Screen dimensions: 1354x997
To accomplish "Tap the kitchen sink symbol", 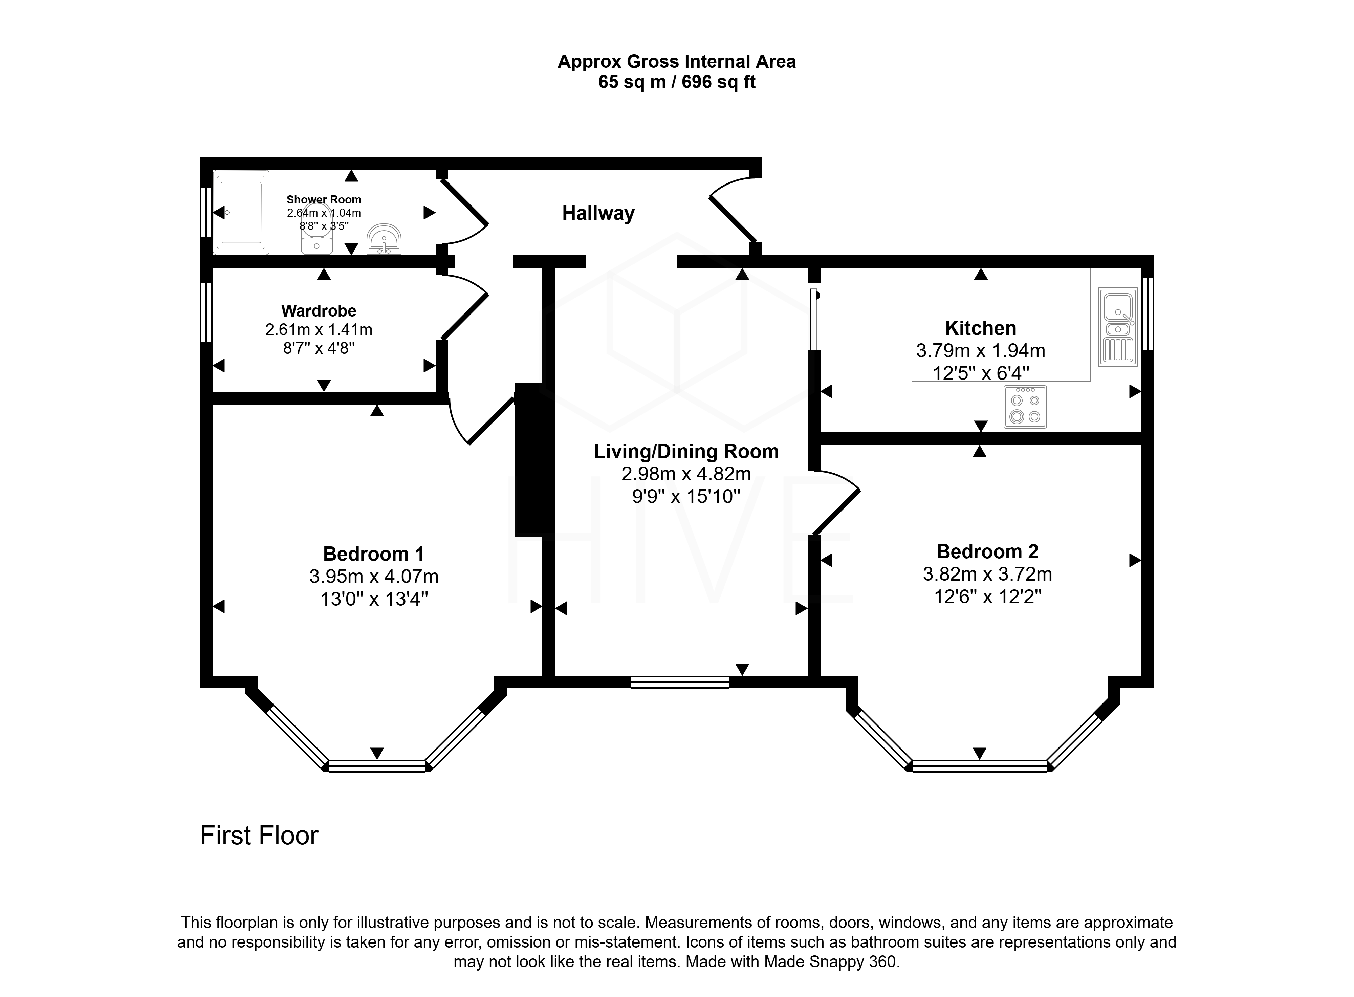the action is [x=1117, y=326].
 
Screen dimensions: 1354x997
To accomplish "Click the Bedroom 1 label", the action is [x=373, y=554].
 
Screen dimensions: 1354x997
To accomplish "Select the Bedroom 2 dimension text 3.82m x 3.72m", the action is [x=987, y=574].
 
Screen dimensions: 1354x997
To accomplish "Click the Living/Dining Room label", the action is [x=686, y=451].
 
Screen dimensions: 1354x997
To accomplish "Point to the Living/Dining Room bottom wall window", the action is [x=680, y=682].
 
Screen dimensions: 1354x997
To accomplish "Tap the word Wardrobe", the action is [x=319, y=311].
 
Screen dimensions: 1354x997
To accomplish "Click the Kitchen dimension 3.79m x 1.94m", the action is [x=981, y=351].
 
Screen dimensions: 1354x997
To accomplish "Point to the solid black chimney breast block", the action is [x=529, y=460].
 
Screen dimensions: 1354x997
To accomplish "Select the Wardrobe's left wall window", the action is [x=206, y=312].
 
